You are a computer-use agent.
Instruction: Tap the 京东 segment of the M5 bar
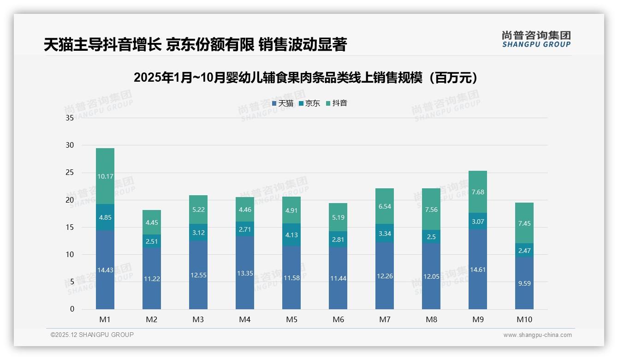[291, 235]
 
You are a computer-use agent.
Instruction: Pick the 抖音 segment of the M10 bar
[524, 223]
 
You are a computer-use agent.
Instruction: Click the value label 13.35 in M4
[245, 273]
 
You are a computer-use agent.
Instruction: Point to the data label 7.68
[478, 192]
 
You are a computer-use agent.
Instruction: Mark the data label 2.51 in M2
[152, 241]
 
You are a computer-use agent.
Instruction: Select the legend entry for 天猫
[283, 103]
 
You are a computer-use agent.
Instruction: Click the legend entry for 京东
[309, 103]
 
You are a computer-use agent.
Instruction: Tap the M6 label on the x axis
[338, 319]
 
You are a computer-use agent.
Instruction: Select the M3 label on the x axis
[198, 319]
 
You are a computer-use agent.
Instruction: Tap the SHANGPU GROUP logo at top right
[536, 39]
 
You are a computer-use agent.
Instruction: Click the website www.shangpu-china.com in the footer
[537, 335]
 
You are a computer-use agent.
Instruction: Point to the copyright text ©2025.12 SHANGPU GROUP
[92, 335]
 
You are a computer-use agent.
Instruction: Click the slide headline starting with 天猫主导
[195, 45]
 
